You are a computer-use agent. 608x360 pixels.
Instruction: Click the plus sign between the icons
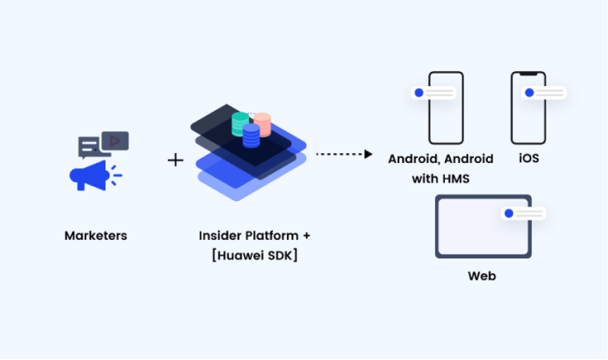176,159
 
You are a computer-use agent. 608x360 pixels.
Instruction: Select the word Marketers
95,236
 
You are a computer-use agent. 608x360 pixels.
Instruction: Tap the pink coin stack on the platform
262,124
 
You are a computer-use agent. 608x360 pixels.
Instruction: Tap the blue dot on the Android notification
419,93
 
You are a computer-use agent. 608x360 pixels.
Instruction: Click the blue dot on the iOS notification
529,92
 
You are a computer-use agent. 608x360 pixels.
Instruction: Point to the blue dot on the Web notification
508,213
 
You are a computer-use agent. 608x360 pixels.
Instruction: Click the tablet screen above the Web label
473,228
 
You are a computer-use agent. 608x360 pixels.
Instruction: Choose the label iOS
529,159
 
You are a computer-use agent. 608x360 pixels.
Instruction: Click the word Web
481,276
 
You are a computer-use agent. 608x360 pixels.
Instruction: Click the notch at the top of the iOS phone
528,74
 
